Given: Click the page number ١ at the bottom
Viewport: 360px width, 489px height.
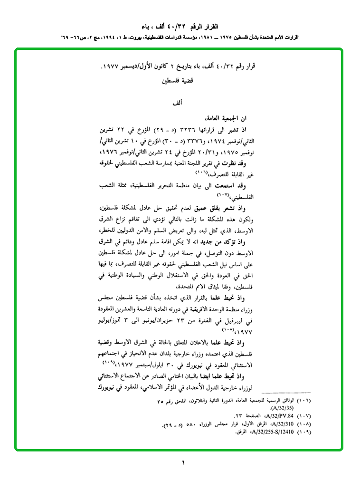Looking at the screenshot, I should (183, 462).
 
